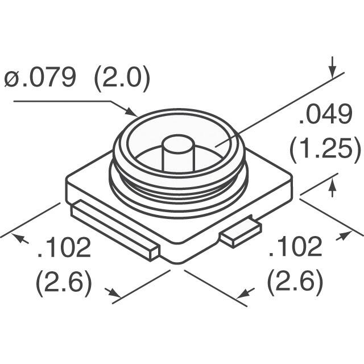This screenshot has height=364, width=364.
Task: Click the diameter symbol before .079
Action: tap(12, 78)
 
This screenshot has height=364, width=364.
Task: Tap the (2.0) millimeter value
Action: tap(122, 78)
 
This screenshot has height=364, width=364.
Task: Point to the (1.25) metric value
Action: tap(325, 151)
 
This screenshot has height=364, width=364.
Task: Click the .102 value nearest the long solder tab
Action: tap(64, 248)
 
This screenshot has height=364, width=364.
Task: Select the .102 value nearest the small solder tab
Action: tap(295, 248)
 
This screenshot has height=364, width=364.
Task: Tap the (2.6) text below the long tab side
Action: tap(64, 283)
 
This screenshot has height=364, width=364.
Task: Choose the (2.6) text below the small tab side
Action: tap(295, 283)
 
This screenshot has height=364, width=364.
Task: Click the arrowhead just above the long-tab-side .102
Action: tap(22, 239)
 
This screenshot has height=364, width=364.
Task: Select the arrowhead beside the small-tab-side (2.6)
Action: tap(245, 293)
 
